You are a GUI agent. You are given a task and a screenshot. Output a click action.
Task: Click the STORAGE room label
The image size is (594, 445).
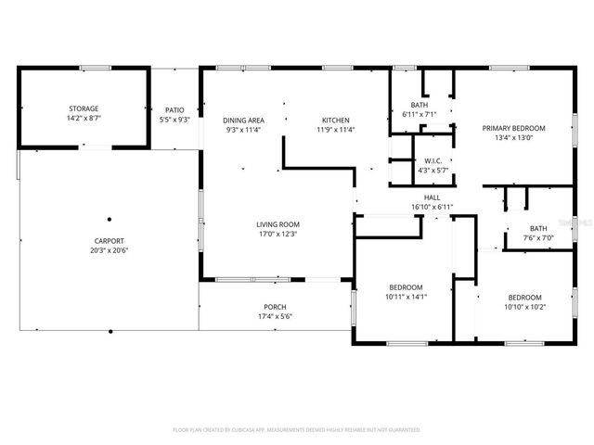coord(83,108)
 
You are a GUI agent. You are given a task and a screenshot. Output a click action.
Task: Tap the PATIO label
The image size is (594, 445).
coord(174,109)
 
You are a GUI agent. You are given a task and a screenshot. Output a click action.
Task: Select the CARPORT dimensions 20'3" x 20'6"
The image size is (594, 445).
coord(109,251)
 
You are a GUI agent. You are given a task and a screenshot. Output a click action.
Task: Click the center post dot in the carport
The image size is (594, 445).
coord(110,219)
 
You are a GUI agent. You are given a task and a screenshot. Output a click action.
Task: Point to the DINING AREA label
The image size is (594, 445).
coord(244,120)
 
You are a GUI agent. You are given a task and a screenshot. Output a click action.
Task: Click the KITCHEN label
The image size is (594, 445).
coord(335,120)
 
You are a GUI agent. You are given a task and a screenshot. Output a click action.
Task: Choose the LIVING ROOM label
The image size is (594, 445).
coord(278,223)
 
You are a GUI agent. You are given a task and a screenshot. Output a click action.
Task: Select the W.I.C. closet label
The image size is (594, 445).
coord(433,160)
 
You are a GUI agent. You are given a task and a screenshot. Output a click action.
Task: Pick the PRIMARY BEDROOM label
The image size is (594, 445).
coord(513,128)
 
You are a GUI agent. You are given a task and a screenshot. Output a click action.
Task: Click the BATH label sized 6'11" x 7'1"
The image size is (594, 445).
coord(420,105)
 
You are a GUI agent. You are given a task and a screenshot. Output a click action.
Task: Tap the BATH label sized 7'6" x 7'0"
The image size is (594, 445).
coord(538,228)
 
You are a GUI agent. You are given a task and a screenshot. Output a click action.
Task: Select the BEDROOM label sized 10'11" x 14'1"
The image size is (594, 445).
coord(406,286)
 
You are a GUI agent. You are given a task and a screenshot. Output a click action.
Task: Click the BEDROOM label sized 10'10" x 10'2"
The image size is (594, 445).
coord(525,297)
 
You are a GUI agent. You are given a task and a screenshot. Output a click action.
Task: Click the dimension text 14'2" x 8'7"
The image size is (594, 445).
coord(83,119)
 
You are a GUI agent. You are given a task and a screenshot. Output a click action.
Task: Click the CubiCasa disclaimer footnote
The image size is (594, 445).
coord(297,430)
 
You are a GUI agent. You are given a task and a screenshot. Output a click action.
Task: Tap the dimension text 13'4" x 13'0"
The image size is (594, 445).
coord(513,138)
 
